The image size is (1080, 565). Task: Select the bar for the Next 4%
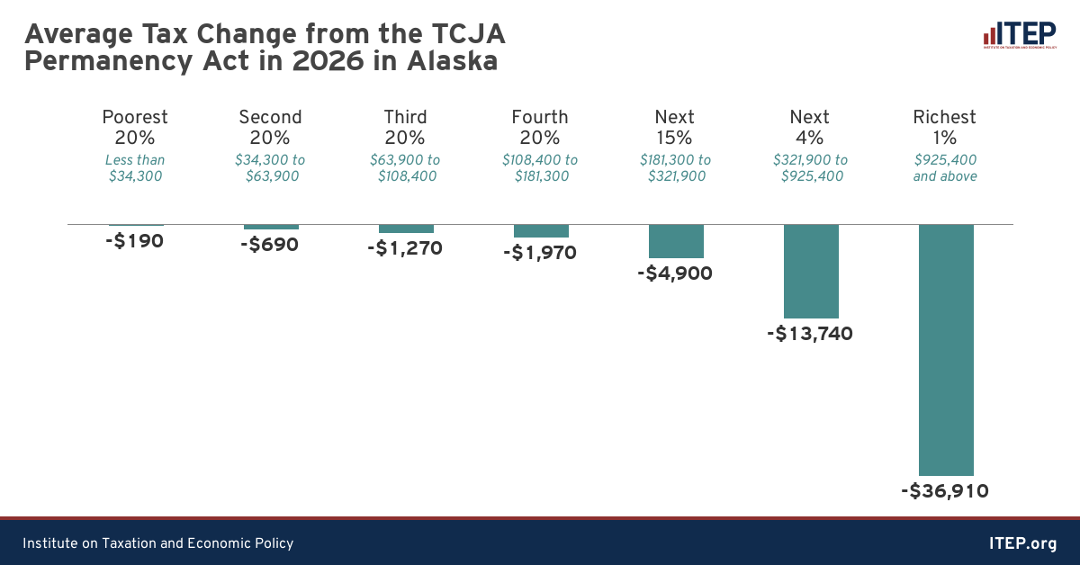[x=811, y=271]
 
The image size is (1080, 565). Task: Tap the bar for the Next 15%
[x=676, y=241]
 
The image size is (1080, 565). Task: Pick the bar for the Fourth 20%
[x=541, y=230]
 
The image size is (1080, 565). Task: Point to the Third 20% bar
[x=406, y=229]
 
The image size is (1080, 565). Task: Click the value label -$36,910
[x=945, y=491]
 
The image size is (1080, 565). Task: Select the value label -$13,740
[x=810, y=334]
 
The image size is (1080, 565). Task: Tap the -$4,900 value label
[x=675, y=274]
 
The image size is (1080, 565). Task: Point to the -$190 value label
[x=134, y=241]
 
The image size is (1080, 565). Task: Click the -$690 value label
[x=270, y=245]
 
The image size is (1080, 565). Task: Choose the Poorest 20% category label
[x=135, y=128]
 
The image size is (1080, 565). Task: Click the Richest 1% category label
[x=945, y=128]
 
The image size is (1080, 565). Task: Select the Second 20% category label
[x=270, y=128]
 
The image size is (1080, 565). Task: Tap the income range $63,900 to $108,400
[x=405, y=168]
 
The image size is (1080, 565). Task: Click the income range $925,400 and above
[x=945, y=168]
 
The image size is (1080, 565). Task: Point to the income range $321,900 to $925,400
[x=810, y=168]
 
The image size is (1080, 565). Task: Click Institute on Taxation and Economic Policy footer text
[x=158, y=543]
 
